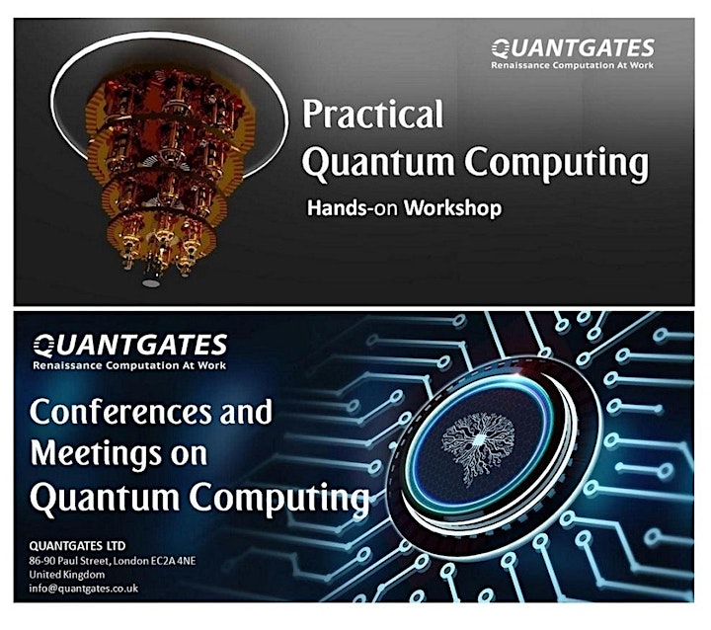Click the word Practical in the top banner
click(372, 114)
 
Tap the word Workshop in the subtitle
click(453, 208)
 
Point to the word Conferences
click(120, 412)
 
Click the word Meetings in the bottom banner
click(96, 454)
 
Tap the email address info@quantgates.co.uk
click(83, 589)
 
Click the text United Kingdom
click(67, 575)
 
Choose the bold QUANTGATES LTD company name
click(77, 545)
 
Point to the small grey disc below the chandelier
click(151, 283)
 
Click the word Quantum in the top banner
click(378, 163)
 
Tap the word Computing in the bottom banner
click(278, 498)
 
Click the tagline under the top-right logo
click(572, 65)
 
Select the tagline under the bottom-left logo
click(129, 365)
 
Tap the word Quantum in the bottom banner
click(105, 498)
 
